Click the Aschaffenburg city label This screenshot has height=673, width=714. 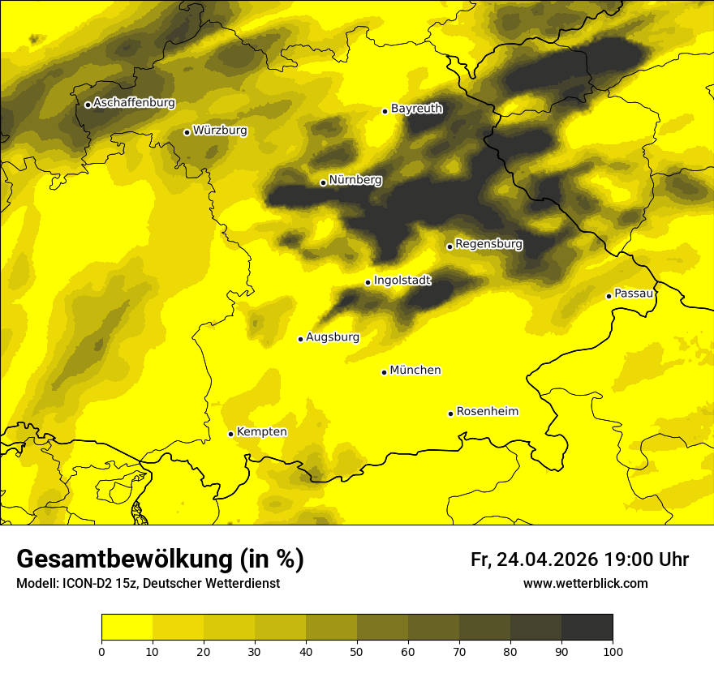(x=134, y=103)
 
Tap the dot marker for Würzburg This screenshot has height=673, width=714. (x=187, y=132)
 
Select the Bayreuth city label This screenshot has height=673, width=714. (x=416, y=109)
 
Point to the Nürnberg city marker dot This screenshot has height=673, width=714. (x=323, y=182)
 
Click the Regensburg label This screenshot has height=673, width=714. (x=488, y=244)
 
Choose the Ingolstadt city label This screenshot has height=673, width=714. (x=402, y=281)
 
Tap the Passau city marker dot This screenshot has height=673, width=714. (x=609, y=296)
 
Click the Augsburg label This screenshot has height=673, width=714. (x=333, y=337)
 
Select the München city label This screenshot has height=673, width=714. (x=415, y=371)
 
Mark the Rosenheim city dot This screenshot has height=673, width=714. (x=450, y=414)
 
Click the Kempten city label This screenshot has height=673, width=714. (x=261, y=432)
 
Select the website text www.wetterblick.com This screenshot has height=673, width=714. (x=585, y=584)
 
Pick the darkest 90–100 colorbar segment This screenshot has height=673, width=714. (x=587, y=628)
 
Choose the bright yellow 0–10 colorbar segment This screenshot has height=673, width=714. (x=127, y=628)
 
